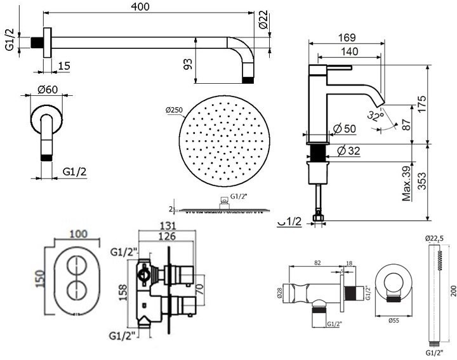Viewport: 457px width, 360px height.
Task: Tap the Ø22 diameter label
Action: coord(264,21)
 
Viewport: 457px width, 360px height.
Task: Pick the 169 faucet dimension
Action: coord(347,39)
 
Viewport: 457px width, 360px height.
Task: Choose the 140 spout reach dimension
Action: coord(347,52)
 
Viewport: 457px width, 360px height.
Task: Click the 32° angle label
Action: coord(376,116)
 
